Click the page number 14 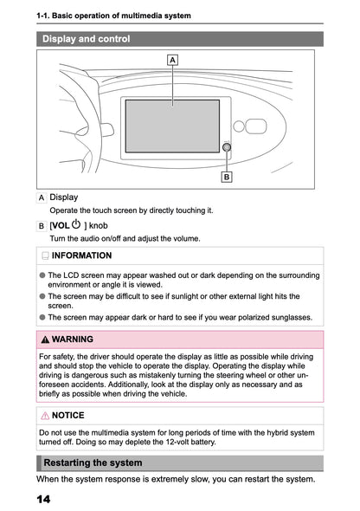[x=44, y=500]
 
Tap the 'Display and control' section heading [x=87, y=39]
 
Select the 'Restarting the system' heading [x=93, y=463]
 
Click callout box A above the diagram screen [x=172, y=60]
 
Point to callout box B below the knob [x=227, y=177]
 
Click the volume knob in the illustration [x=227, y=147]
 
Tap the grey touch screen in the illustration [x=172, y=126]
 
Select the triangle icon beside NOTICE [x=44, y=416]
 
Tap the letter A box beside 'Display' [x=42, y=197]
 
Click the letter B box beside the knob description [x=42, y=226]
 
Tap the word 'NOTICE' [x=68, y=416]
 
